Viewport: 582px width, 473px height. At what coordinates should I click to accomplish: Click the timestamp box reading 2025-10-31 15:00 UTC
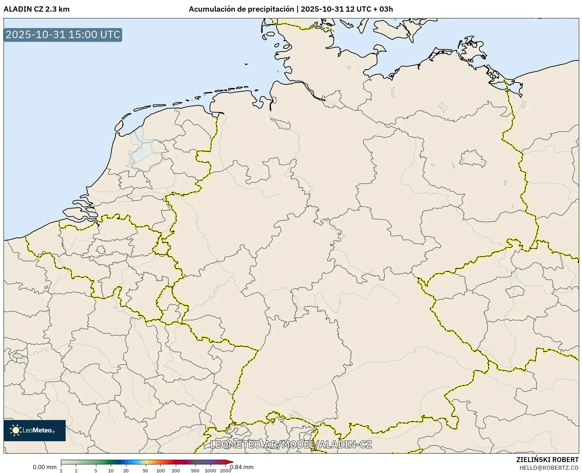click(x=63, y=35)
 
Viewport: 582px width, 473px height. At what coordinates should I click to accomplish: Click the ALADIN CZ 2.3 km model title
click(x=36, y=9)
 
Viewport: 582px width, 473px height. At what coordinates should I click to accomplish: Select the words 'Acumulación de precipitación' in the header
click(x=241, y=9)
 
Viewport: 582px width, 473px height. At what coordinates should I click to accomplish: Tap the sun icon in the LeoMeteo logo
click(x=16, y=430)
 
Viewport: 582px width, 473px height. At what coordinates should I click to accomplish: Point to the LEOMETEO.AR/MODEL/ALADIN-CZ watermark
click(x=291, y=444)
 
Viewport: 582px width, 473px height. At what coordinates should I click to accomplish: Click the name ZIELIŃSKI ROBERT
click(x=547, y=460)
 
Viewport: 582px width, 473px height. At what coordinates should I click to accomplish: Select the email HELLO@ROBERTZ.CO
click(x=549, y=468)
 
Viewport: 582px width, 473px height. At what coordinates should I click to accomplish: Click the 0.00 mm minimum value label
click(x=44, y=467)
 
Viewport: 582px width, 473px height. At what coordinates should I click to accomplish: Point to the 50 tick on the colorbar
click(x=145, y=470)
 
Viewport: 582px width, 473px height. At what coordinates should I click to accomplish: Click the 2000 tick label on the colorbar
click(x=226, y=470)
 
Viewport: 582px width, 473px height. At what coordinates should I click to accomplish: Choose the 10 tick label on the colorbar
click(x=111, y=470)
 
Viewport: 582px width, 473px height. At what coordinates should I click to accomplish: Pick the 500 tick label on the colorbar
click(x=195, y=470)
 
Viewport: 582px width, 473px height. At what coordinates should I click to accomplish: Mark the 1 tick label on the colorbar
click(x=61, y=470)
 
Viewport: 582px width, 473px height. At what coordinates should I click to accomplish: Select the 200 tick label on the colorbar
click(x=176, y=470)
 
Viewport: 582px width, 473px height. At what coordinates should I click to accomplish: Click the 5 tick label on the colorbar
click(x=96, y=470)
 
